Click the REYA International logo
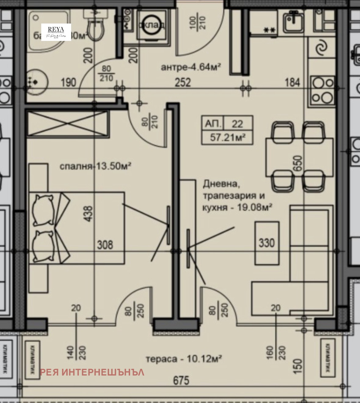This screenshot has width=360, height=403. pyautogui.click(x=56, y=32)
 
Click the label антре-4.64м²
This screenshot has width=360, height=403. pyautogui.click(x=191, y=67)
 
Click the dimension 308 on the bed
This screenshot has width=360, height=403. pyautogui.click(x=105, y=245)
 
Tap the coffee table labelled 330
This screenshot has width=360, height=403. pyautogui.click(x=267, y=243)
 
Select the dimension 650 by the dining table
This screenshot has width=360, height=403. pyautogui.click(x=299, y=165)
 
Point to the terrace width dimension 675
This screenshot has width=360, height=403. pyautogui.click(x=181, y=380)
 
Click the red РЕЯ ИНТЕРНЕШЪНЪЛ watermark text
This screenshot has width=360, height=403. pyautogui.click(x=92, y=372)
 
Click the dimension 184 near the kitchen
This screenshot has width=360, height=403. pyautogui.click(x=292, y=82)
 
